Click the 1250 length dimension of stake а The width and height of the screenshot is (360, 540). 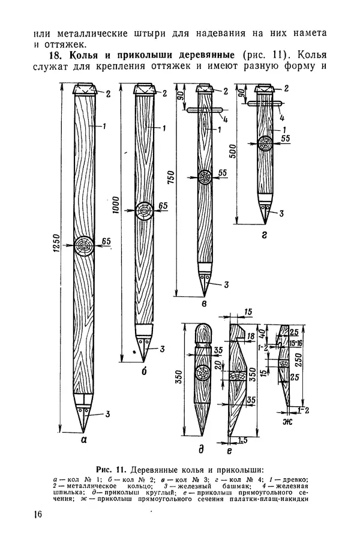pos(56,244)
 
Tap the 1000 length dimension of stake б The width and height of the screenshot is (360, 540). pos(115,205)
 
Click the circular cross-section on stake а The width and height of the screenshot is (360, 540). pos(83,245)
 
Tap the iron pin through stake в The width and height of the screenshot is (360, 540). pos(204,110)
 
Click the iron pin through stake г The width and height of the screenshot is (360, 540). pos(264,102)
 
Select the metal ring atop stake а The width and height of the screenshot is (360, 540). pos(85,89)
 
